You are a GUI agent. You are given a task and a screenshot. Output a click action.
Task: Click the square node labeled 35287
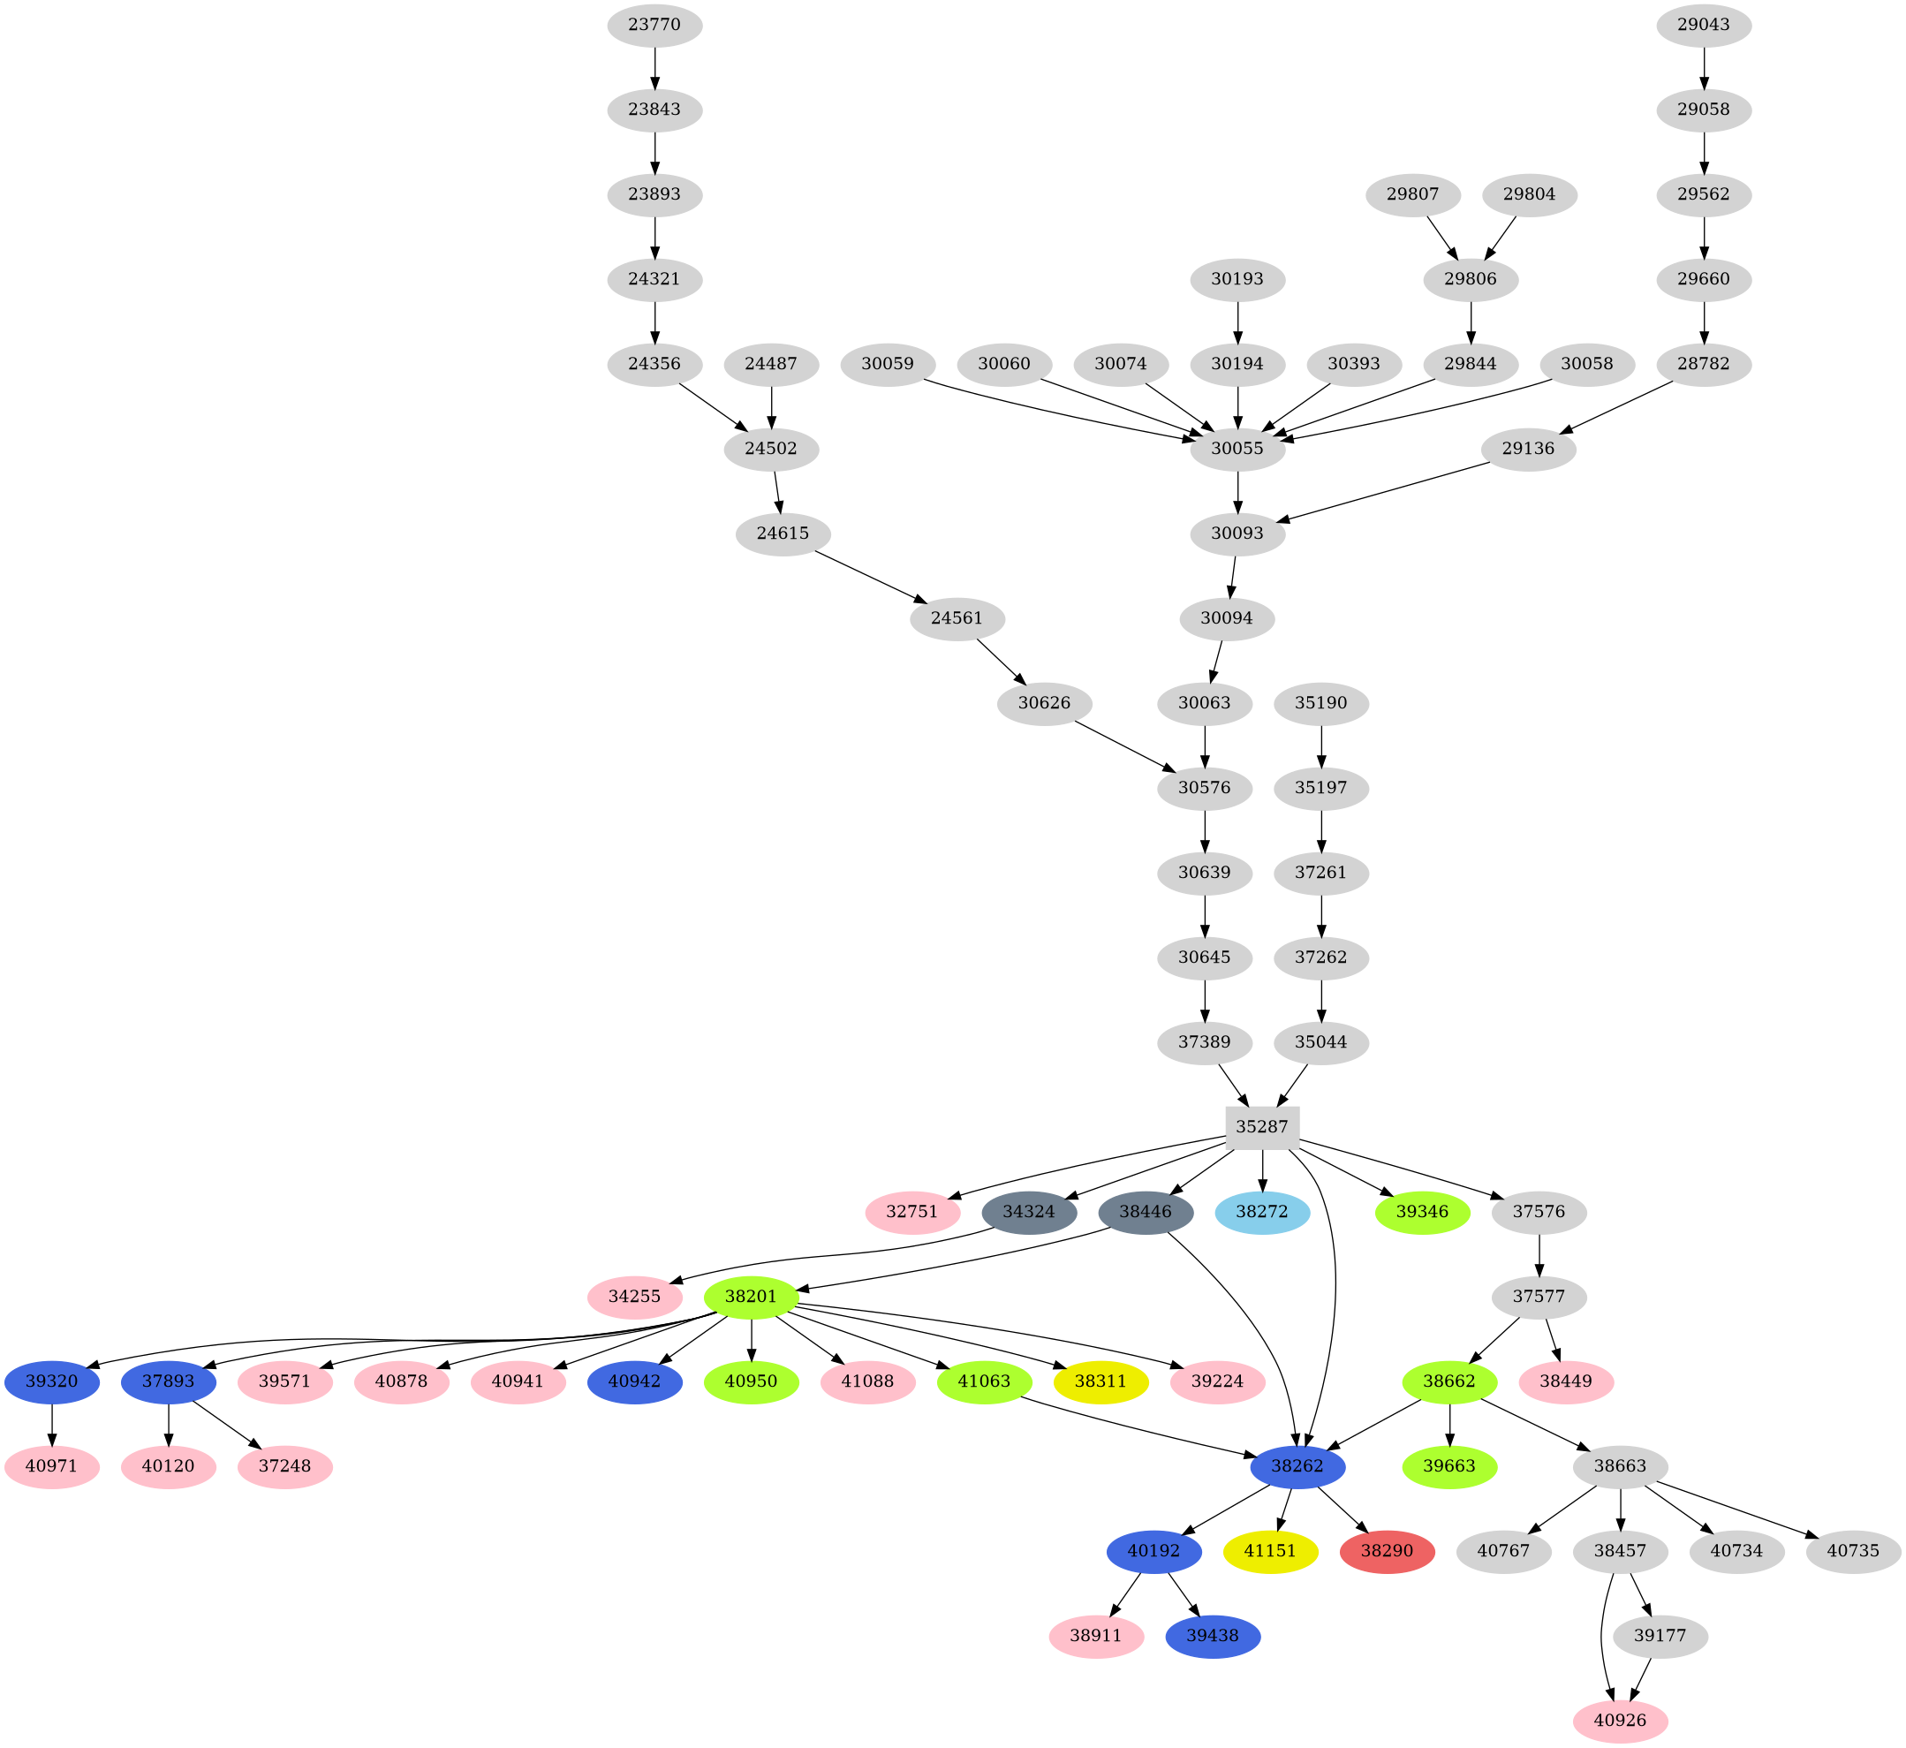1262,1127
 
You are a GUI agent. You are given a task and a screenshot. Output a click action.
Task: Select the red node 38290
1388,1552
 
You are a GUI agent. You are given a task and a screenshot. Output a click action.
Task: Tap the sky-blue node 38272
1262,1213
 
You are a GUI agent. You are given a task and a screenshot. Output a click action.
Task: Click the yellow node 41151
1270,1552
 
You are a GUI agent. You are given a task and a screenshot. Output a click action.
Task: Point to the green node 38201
751,1297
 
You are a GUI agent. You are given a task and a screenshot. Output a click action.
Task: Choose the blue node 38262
1297,1467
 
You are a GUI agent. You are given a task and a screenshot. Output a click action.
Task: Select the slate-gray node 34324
1028,1213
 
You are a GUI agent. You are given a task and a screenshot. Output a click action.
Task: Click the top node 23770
654,25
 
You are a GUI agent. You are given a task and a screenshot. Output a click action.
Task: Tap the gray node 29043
1704,25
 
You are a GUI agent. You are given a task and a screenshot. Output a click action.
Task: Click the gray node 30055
1237,449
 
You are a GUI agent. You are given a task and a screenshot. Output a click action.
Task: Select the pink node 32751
912,1213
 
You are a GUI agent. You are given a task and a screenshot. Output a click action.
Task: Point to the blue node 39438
1213,1637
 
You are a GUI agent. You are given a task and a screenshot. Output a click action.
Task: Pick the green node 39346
1422,1213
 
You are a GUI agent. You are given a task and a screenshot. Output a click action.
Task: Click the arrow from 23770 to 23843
654,67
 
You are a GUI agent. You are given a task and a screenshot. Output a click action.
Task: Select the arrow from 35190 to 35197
1320,746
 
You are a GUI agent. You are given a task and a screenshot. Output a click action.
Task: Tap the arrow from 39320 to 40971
52,1425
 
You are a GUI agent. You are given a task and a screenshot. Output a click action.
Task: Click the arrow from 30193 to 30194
1237,322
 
